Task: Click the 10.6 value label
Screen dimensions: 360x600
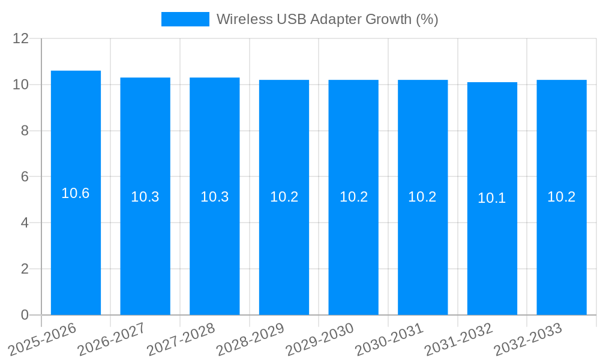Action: pos(76,193)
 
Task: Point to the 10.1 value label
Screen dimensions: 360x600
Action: pos(492,198)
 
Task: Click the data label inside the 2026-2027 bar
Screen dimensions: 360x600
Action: pos(145,197)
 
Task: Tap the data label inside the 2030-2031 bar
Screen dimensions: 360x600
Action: pos(422,197)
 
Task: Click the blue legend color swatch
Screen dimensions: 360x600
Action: pos(185,19)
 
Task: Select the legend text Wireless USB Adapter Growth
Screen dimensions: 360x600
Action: pos(327,19)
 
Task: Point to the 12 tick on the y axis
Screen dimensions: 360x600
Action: pos(21,38)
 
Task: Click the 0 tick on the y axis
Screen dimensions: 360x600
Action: pos(25,315)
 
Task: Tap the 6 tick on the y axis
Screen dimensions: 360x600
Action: pos(25,177)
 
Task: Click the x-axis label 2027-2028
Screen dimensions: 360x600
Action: pos(181,340)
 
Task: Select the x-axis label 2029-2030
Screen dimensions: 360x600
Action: pos(319,340)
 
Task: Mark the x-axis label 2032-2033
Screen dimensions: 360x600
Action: pos(527,340)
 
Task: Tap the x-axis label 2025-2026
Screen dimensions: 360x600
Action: pos(42,340)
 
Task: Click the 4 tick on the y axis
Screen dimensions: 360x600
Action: pos(25,223)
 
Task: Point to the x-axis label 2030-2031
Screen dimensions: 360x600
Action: pos(389,340)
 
